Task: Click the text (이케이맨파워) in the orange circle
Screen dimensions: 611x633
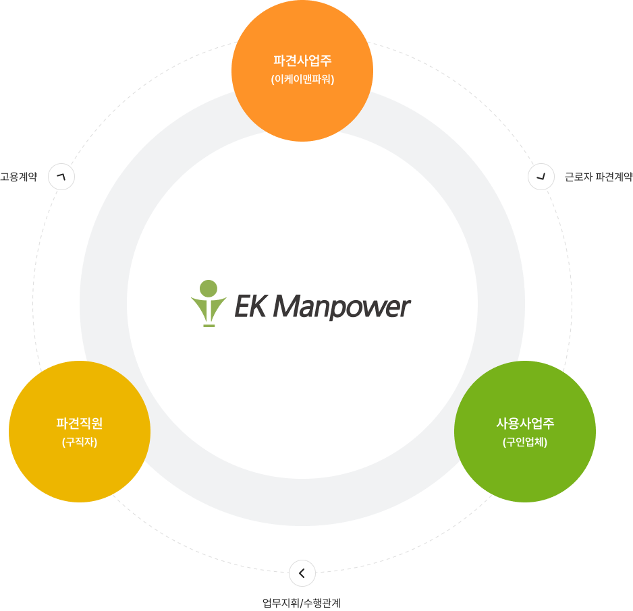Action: pos(302,80)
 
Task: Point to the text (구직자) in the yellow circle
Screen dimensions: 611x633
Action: pos(80,443)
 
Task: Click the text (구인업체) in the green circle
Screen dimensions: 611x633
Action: pos(525,443)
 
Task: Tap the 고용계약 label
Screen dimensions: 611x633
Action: pos(18,177)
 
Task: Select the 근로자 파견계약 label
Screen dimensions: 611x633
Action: pos(598,177)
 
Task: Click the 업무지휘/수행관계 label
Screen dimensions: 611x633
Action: pos(306,602)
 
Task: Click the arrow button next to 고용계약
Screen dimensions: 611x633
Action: pos(61,177)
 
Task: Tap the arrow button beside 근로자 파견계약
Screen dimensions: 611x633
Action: pos(541,177)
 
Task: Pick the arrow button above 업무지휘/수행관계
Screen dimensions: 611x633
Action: pos(302,573)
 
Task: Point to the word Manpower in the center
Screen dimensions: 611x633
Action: pos(341,308)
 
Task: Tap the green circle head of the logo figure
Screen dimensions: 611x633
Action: pos(209,288)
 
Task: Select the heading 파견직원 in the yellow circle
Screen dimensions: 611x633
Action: pos(80,424)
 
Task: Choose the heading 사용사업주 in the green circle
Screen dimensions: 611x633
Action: pos(525,424)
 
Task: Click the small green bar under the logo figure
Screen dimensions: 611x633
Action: pos(209,326)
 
